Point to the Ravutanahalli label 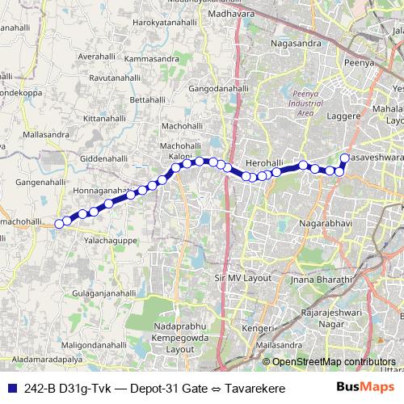point(119,78)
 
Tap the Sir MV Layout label point(242,278)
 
